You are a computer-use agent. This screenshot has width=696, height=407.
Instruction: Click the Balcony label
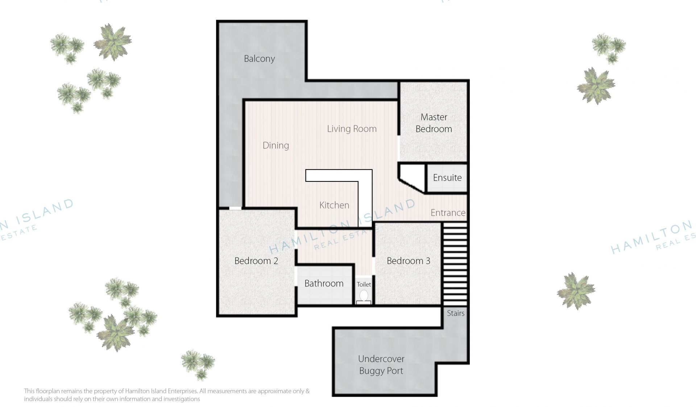pos(259,59)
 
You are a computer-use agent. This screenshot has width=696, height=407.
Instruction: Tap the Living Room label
pos(352,129)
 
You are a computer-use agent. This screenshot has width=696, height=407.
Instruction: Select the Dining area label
pos(276,146)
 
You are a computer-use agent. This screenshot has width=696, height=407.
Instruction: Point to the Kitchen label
pos(334,205)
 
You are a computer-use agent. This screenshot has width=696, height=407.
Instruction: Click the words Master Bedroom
pos(434,123)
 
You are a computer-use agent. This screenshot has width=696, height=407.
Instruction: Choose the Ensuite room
pos(447,178)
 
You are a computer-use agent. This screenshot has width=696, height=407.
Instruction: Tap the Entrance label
pos(448,213)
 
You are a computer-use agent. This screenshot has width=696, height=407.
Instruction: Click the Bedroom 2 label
pos(256,261)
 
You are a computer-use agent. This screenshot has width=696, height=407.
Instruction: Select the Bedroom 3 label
pos(408,261)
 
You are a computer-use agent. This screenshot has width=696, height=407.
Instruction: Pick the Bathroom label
pos(324,284)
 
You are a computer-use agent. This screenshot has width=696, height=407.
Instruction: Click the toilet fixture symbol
pos(364,297)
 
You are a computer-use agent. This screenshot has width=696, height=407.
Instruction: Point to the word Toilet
pos(364,285)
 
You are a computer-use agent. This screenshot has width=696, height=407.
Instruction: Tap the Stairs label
pos(456,313)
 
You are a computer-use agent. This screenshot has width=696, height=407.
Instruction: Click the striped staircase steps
pos(455,264)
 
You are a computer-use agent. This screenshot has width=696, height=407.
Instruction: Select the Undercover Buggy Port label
pos(381,365)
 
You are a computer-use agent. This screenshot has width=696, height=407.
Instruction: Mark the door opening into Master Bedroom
pos(399,148)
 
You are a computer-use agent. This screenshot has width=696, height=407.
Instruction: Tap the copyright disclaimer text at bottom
pos(167,395)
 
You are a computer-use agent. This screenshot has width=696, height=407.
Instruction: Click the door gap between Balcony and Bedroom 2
pos(235,208)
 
